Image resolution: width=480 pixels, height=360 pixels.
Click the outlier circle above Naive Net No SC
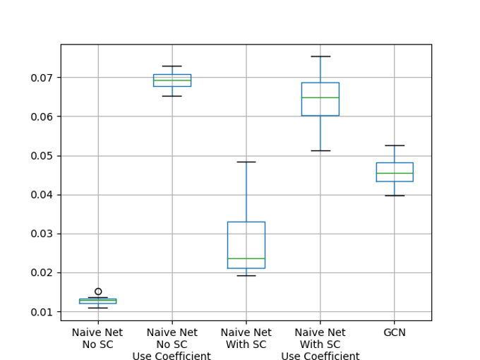pyautogui.click(x=98, y=292)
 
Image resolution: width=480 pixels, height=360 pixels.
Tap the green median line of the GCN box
pyautogui.click(x=395, y=173)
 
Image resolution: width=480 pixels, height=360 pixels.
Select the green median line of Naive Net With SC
pyautogui.click(x=246, y=258)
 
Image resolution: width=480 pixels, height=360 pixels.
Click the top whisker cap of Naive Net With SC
pyautogui.click(x=246, y=162)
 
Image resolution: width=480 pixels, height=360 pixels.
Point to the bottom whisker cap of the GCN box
pyautogui.click(x=395, y=196)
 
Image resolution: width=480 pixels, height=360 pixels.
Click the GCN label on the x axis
pyautogui.click(x=395, y=332)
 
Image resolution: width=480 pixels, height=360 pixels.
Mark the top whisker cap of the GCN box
pyautogui.click(x=395, y=145)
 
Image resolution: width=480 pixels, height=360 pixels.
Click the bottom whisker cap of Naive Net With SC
pyautogui.click(x=246, y=276)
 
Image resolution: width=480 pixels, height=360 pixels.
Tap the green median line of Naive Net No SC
pyautogui.click(x=98, y=301)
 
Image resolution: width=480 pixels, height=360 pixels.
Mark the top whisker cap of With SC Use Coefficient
pyautogui.click(x=320, y=56)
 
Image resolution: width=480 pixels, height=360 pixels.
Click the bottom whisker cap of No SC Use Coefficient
pyautogui.click(x=172, y=96)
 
